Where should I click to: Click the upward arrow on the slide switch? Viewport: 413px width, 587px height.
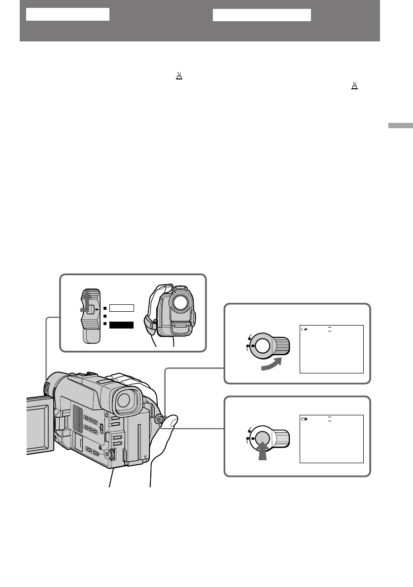coord(87,300)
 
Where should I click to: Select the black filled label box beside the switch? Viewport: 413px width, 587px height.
coord(121,325)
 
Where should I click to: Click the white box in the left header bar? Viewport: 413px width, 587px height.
coord(67,14)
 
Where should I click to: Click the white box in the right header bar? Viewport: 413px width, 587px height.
coord(262,15)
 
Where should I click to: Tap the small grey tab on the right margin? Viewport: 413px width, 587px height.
coord(400,126)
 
